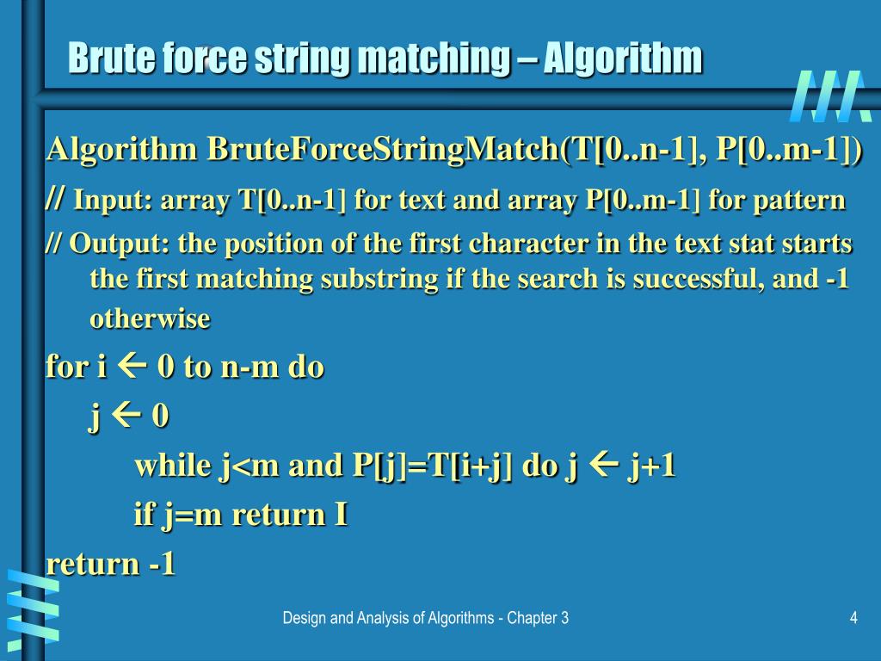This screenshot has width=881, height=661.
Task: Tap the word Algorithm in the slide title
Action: [x=623, y=59]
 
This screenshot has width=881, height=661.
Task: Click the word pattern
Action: [x=801, y=201]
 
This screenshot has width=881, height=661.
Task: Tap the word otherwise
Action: [x=150, y=319]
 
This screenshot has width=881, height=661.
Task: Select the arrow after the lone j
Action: [x=126, y=417]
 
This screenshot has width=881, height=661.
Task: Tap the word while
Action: [x=173, y=466]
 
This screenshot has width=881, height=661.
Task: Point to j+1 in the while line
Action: [x=652, y=466]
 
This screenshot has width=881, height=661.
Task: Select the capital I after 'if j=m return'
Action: [x=340, y=515]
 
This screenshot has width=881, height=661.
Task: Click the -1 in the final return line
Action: [x=162, y=564]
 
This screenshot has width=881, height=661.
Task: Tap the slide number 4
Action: [x=853, y=618]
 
